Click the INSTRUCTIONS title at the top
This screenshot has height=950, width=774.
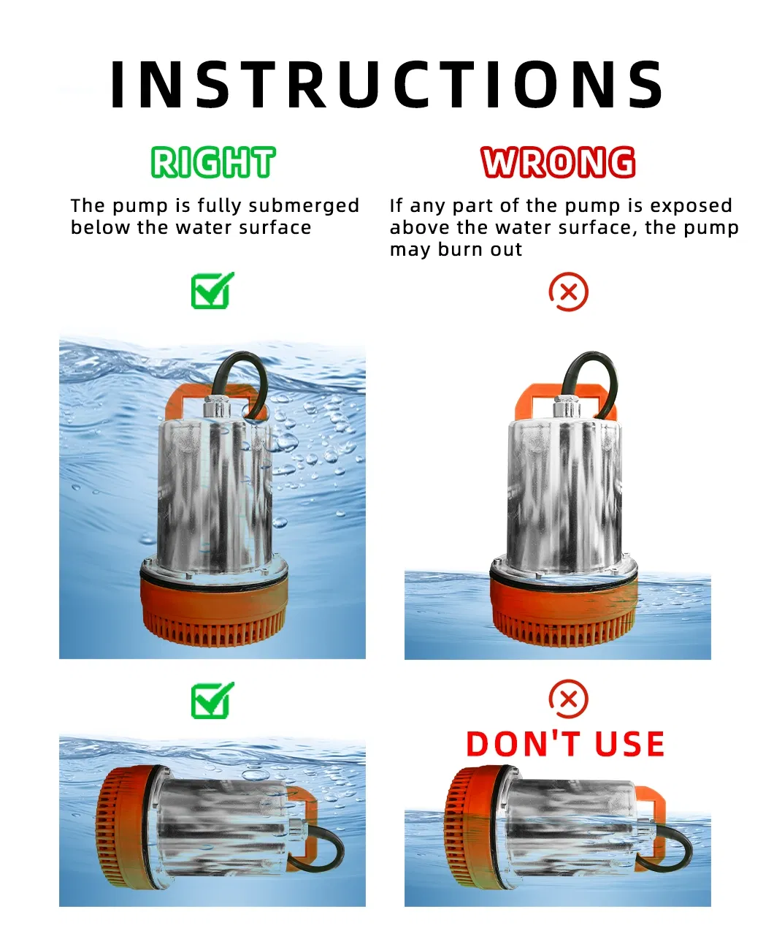387,85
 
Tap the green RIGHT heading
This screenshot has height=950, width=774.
212,162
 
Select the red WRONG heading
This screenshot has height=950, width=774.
558,162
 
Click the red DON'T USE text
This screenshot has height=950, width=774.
565,744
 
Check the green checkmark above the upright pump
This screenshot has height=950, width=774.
212,291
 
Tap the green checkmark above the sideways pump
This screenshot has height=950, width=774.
212,701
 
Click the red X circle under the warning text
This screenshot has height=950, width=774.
568,292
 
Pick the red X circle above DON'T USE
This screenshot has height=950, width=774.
568,699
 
